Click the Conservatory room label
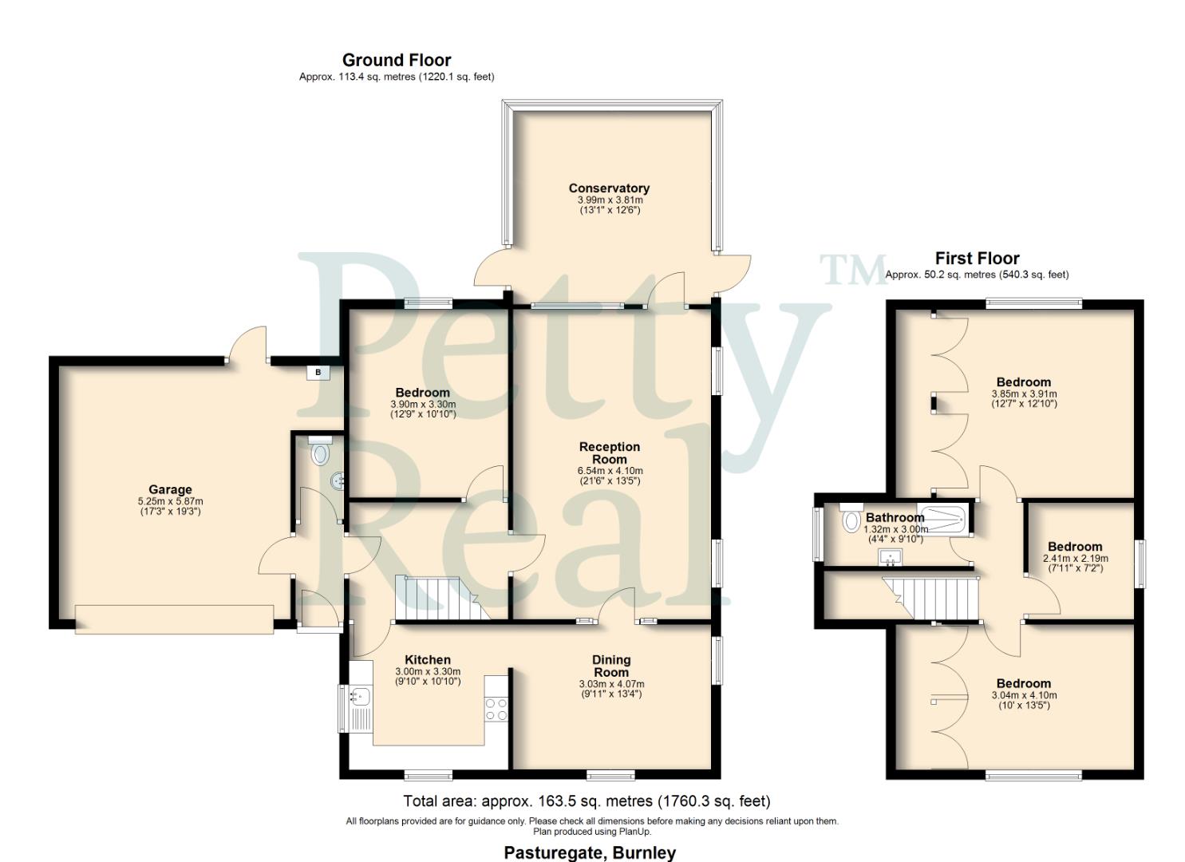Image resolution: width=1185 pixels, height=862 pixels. pos(609,188)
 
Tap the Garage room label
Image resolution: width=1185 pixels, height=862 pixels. pos(170,489)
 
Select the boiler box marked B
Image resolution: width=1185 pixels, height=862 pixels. pos(318,373)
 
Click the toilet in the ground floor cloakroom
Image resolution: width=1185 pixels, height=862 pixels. pos(320,453)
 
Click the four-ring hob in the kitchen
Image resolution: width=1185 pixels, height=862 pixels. pos(496,709)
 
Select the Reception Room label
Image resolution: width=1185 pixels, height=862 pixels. pos(610,453)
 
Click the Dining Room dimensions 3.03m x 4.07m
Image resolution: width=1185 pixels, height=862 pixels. pos(611,684)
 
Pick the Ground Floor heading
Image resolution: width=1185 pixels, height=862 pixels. pos(397,60)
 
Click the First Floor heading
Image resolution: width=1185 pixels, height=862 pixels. pos(977,259)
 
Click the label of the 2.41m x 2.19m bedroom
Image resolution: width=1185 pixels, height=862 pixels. pos(1075,547)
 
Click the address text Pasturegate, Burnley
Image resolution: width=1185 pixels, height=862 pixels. pos(590,852)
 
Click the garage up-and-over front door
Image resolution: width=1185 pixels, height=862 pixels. pos(174,619)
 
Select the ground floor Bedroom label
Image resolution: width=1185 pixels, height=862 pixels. pos(422,392)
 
